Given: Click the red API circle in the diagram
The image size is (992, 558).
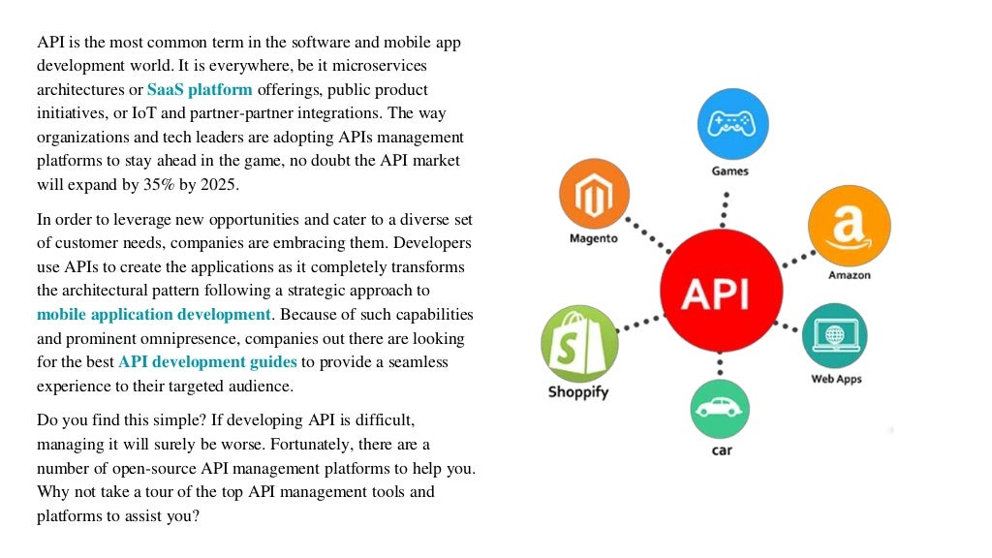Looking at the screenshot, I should (720, 291).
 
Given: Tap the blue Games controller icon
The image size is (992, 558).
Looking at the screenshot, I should (732, 124).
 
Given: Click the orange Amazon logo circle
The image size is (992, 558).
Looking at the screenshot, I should (849, 227).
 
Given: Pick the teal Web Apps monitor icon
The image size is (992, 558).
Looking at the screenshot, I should (835, 335).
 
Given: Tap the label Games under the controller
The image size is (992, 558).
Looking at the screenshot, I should (730, 171).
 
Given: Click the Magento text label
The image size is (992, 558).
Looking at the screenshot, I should (593, 238).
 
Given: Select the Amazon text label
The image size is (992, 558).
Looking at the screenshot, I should (849, 275).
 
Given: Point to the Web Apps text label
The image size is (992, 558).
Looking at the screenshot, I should (836, 379).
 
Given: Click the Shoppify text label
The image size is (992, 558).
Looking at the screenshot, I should (578, 392).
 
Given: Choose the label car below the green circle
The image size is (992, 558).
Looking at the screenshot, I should (722, 451).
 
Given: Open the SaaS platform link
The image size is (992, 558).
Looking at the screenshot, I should (200, 90).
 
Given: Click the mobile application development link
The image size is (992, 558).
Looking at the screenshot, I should (154, 314).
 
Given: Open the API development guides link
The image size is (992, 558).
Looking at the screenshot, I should (207, 361).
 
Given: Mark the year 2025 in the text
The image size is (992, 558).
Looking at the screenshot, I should (216, 184).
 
